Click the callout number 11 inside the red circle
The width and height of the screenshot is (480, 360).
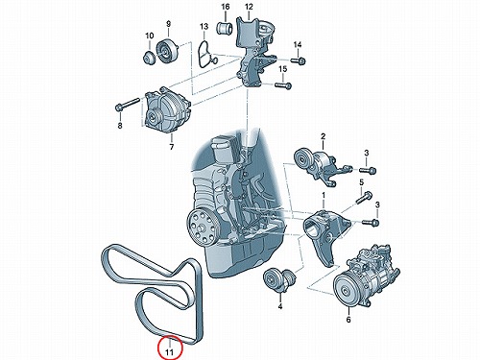click(169, 352)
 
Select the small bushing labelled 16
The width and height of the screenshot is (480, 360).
click(225, 28)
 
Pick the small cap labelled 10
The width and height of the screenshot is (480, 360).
click(149, 59)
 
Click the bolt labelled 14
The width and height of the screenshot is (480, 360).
click(298, 60)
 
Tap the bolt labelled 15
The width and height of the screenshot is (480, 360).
click(283, 85)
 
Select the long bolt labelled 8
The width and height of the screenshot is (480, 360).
click(127, 105)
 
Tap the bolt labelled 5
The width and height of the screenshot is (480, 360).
click(364, 198)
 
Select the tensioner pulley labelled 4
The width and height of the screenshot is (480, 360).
click(278, 280)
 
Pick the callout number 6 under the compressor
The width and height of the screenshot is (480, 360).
click(348, 319)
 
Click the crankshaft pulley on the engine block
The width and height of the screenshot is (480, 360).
click(201, 226)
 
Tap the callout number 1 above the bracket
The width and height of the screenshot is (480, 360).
click(324, 195)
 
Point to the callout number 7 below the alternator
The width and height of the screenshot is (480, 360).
click(172, 147)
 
